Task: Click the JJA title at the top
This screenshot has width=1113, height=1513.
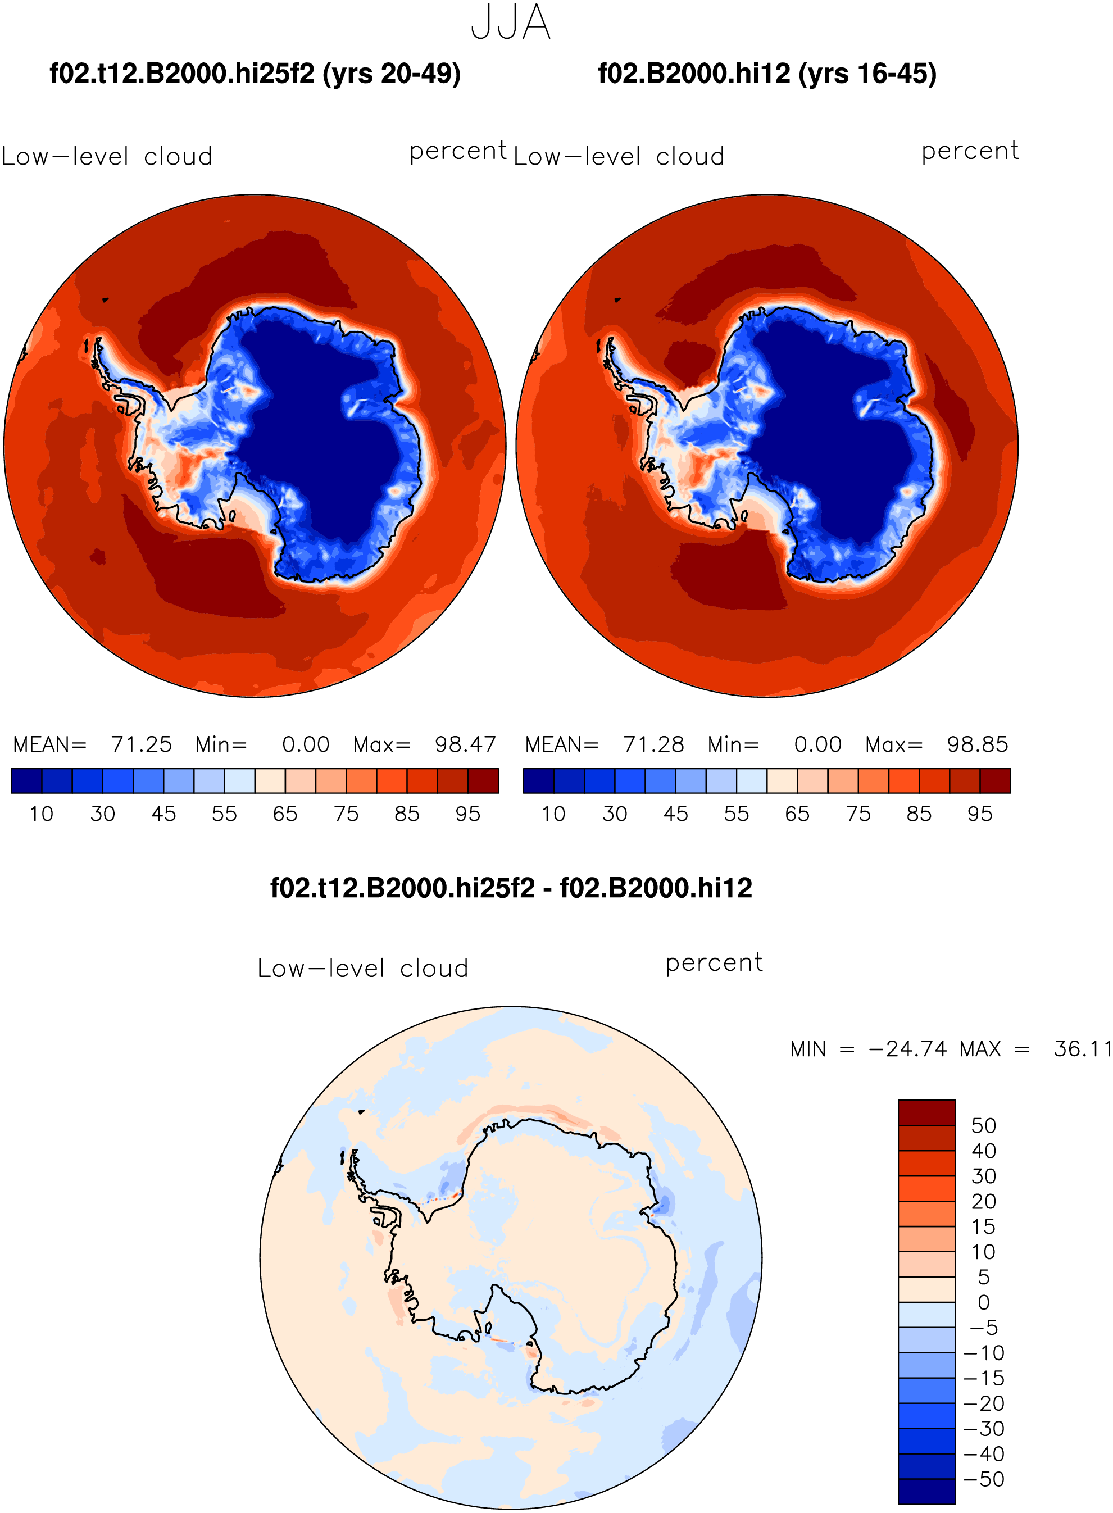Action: point(511,22)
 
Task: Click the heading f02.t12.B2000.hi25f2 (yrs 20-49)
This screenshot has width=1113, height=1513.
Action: point(255,74)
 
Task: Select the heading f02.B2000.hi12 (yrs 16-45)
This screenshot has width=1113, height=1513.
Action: point(767,74)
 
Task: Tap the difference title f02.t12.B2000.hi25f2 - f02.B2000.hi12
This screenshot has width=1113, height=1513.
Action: point(511,888)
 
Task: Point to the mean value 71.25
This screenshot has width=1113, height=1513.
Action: point(142,744)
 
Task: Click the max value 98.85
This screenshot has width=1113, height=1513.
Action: point(977,744)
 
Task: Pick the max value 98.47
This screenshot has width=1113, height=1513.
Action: point(465,744)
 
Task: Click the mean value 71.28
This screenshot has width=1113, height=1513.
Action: point(653,744)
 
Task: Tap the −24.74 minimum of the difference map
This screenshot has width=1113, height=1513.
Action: point(908,1049)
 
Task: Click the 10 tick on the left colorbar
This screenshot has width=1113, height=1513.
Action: point(42,814)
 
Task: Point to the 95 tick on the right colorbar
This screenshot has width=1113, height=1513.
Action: point(980,814)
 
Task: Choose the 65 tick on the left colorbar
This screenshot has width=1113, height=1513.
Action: point(285,814)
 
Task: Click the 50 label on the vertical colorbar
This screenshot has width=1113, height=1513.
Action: point(984,1126)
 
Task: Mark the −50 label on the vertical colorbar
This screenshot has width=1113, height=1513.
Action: point(984,1479)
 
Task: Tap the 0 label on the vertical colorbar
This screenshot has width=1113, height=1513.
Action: point(984,1302)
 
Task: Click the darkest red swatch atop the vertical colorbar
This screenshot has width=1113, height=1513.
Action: point(926,1113)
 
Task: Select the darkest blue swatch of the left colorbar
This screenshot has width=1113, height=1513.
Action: point(27,781)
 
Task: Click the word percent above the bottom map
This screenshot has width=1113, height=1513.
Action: point(714,962)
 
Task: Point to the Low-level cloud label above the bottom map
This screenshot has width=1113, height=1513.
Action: point(362,968)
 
